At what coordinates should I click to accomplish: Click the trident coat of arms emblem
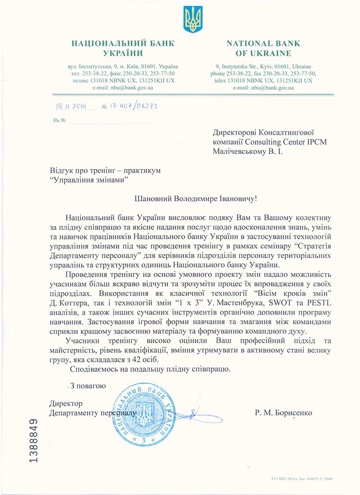193,19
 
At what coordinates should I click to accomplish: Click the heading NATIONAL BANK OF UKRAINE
263,49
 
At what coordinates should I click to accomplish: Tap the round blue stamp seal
144,413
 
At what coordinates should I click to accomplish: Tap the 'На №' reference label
59,120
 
